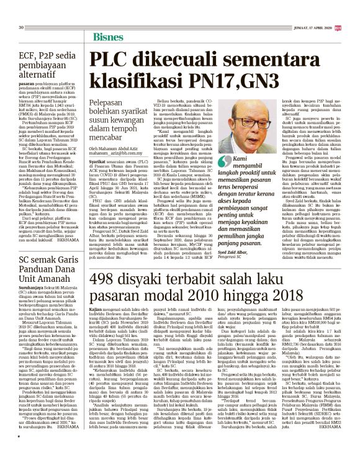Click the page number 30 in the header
pyautogui.click(x=21, y=27)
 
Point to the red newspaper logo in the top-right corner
pyautogui.click(x=338, y=27)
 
